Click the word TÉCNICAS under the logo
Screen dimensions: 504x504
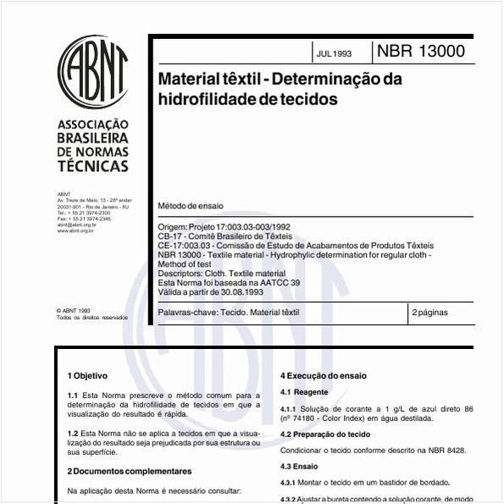pos(92,166)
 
